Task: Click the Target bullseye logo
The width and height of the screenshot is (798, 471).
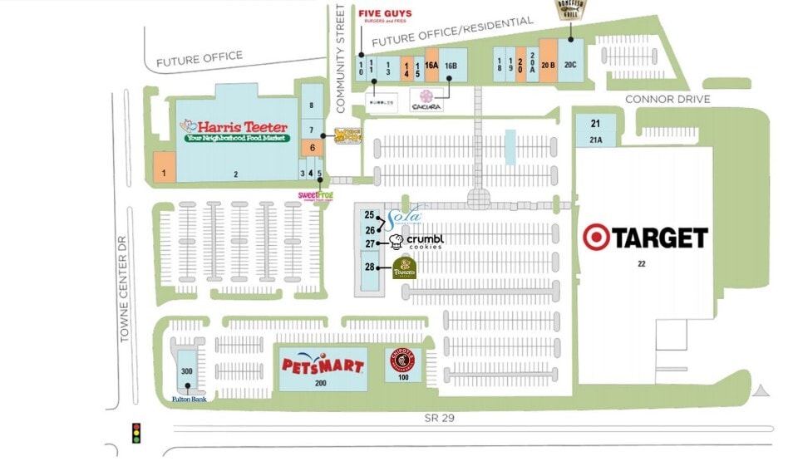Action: (x=595, y=238)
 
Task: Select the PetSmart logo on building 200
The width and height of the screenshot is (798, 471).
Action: (x=323, y=365)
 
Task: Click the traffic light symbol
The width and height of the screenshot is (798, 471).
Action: (x=136, y=433)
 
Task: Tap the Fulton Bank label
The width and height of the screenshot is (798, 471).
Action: (x=189, y=400)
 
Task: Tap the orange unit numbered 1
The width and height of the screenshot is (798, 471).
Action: (x=164, y=169)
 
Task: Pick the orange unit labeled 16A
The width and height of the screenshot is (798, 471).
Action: (x=431, y=66)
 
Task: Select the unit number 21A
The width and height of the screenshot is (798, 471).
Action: (x=595, y=140)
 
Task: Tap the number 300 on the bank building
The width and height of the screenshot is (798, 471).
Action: (x=188, y=370)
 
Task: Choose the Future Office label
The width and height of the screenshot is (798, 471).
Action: (x=199, y=59)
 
